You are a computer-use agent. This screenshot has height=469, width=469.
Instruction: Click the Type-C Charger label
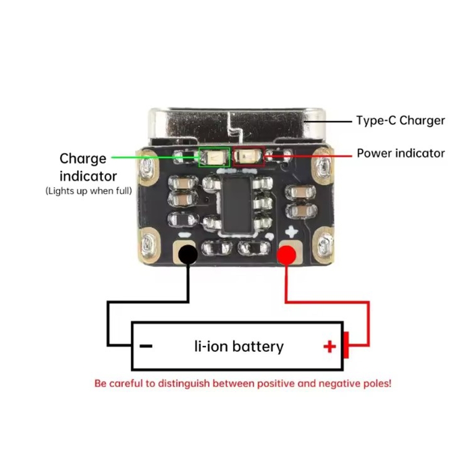[400, 120]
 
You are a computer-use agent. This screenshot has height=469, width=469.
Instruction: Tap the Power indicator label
[400, 153]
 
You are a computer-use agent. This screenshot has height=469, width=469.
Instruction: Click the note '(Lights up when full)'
[89, 191]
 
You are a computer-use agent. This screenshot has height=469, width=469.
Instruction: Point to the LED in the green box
[214, 156]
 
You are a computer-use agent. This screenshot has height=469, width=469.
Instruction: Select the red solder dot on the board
[286, 255]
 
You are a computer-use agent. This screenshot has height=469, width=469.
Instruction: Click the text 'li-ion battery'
[239, 346]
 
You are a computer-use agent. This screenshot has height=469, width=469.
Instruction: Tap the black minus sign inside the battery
[146, 346]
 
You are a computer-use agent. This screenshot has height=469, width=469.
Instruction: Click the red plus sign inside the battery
[329, 347]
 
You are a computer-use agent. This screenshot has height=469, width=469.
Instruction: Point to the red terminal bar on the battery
[345, 345]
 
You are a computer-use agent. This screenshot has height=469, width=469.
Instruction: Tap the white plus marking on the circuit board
[292, 232]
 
